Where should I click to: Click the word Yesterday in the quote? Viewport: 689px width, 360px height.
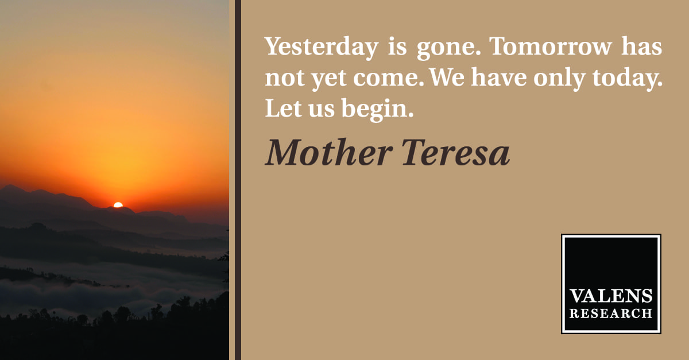click(x=322, y=48)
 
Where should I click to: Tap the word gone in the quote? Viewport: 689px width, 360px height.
click(x=448, y=49)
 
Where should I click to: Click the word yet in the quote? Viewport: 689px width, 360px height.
click(x=329, y=79)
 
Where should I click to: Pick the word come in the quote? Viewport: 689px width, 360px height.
click(x=389, y=78)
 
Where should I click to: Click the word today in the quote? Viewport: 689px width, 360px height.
click(x=628, y=79)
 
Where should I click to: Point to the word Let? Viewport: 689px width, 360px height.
click(x=283, y=108)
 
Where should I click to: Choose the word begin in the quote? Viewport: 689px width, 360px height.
click(x=377, y=110)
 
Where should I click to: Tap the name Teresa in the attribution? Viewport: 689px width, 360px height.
click(x=456, y=153)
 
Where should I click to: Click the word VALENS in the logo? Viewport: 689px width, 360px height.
click(x=611, y=296)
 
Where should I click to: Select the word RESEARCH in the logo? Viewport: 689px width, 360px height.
click(x=611, y=313)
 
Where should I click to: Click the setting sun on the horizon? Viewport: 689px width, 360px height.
click(x=118, y=205)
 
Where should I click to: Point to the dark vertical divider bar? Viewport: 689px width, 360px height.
click(x=238, y=180)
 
